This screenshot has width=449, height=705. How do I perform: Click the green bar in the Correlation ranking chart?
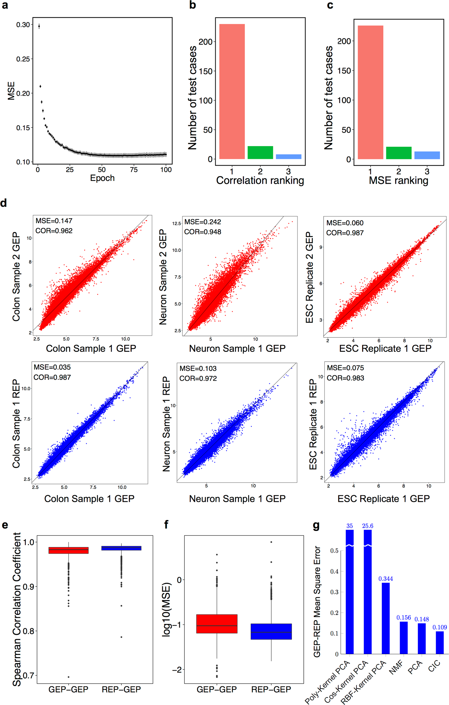point(260,153)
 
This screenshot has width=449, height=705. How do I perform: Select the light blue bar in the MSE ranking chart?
point(427,155)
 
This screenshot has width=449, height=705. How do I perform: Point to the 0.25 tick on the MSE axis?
point(23,59)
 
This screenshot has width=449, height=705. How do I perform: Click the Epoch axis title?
point(102,178)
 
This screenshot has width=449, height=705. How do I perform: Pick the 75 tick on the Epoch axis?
point(134,170)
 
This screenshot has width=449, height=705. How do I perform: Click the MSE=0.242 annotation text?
point(202,222)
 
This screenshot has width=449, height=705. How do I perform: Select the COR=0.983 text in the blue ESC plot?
point(345,378)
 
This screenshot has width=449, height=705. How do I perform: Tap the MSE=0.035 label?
point(52,367)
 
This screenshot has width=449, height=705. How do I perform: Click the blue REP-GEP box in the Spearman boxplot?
point(121,548)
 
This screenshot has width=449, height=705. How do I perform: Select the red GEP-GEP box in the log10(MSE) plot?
point(217,624)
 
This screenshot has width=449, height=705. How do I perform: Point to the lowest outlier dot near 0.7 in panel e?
point(68,677)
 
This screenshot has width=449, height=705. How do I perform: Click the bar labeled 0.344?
point(386,618)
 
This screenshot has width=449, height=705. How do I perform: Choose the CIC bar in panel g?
point(439,642)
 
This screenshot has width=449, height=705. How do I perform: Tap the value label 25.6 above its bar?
point(368,526)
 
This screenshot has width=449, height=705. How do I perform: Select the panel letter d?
point(4,203)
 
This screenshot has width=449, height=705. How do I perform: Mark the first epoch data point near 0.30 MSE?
point(39,26)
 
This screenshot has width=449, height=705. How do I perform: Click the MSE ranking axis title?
point(398,181)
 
